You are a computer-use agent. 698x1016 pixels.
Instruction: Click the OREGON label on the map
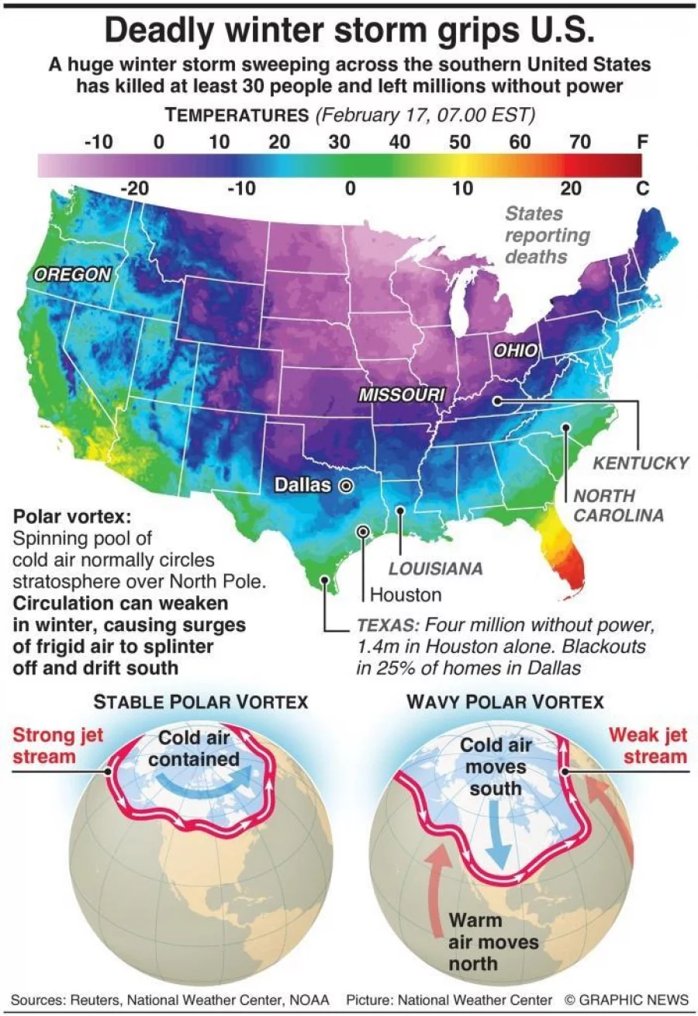pyautogui.click(x=72, y=273)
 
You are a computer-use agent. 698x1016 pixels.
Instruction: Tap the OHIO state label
pyautogui.click(x=515, y=350)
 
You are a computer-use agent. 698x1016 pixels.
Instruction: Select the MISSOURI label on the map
pyautogui.click(x=401, y=394)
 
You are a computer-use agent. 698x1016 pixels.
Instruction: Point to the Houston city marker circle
pyautogui.click(x=362, y=531)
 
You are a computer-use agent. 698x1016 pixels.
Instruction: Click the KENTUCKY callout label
pyautogui.click(x=640, y=463)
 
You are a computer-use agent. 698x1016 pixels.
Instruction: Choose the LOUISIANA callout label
pyautogui.click(x=435, y=569)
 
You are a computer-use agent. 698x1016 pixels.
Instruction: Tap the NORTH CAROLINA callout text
pyautogui.click(x=618, y=505)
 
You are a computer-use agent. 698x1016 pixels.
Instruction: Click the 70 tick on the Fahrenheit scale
pyautogui.click(x=580, y=142)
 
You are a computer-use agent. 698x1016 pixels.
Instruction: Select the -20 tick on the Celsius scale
pyautogui.click(x=140, y=189)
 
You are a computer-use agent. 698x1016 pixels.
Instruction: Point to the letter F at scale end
pyautogui.click(x=641, y=142)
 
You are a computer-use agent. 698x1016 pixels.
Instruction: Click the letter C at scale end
pyautogui.click(x=641, y=189)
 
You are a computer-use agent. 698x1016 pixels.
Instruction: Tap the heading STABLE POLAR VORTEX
pyautogui.click(x=201, y=702)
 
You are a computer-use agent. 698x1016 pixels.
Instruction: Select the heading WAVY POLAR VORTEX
pyautogui.click(x=504, y=702)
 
